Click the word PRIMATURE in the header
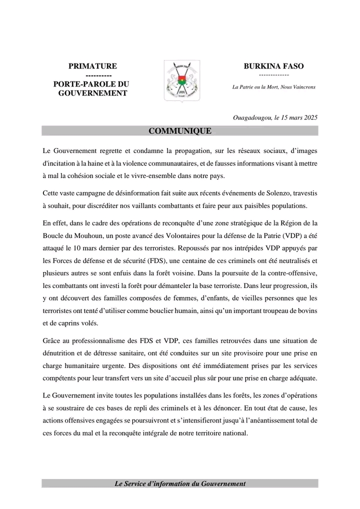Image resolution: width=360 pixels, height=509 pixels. [x=92, y=66]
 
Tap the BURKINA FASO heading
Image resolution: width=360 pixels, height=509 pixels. [x=273, y=66]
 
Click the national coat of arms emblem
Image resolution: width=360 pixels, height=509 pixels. [x=182, y=80]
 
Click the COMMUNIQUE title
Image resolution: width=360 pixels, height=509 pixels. [x=180, y=131]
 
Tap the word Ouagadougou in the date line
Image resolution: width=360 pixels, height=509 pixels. [x=252, y=118]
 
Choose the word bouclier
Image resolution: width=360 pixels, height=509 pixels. [x=202, y=310]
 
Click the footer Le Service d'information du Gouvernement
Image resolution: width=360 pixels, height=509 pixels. [x=180, y=484]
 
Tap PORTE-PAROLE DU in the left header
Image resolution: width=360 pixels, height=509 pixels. [x=91, y=84]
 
